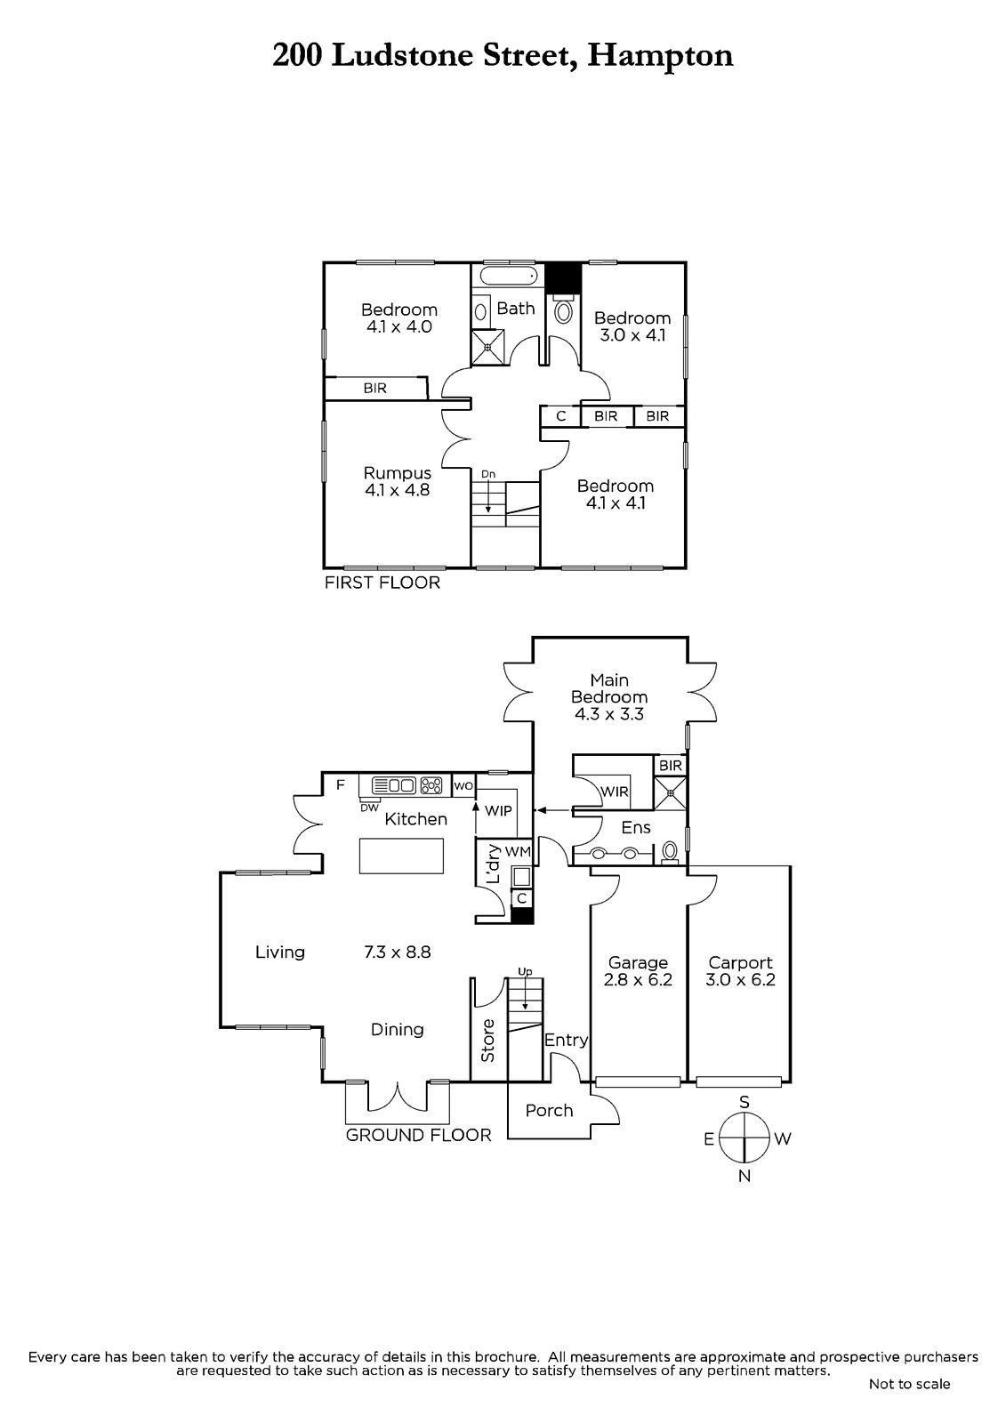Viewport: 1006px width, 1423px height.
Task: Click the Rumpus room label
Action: (397, 481)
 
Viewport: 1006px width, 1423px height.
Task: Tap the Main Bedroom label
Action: (609, 696)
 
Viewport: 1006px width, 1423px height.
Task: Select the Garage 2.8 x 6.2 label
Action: (638, 971)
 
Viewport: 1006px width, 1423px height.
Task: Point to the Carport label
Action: (740, 962)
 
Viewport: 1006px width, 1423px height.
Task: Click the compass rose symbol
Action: (744, 1138)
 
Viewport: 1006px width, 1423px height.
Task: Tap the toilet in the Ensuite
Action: (670, 853)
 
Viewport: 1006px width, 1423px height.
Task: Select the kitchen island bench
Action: (401, 856)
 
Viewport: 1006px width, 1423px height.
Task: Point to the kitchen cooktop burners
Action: (432, 785)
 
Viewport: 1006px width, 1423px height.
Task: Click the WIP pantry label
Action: (498, 810)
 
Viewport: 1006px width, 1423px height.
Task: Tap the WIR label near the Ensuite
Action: (615, 792)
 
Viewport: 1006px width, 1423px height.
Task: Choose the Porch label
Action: (549, 1110)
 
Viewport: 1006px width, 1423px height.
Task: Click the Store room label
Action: (487, 1041)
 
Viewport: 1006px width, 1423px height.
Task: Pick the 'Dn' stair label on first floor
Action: (488, 474)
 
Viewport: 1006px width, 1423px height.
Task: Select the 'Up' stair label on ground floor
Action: (526, 972)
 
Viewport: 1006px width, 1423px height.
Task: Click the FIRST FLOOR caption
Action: (382, 583)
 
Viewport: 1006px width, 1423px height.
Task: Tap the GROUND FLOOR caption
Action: (418, 1135)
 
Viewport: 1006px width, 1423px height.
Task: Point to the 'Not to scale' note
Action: (909, 1384)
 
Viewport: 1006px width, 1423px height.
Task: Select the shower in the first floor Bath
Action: (487, 347)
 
